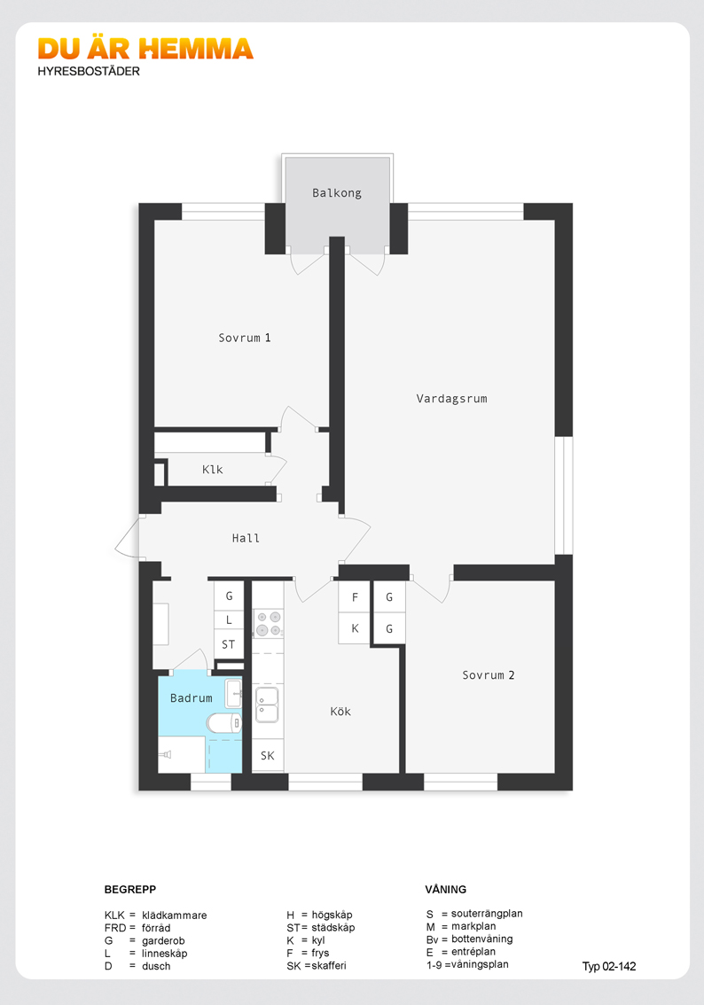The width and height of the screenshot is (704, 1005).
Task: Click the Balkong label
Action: coord(337,193)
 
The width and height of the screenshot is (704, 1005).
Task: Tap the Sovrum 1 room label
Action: coord(245,338)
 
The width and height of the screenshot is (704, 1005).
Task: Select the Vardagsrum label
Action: coord(451,399)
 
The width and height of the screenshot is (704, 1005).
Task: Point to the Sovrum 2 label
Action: coord(488,675)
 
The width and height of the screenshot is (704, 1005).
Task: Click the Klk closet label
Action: coord(212,470)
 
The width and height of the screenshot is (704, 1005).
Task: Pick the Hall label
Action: coord(246,539)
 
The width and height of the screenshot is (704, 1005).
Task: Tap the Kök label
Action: coord(340,712)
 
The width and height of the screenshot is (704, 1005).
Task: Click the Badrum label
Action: coord(191,698)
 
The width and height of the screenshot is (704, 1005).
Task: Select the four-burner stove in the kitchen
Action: coord(268,624)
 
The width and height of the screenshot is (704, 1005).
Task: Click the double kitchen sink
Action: coord(268,705)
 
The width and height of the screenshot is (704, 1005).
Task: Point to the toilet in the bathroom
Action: coord(223,723)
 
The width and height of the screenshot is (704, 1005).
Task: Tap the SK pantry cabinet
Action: coord(268,756)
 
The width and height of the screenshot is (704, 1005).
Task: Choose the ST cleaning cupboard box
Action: coord(228,645)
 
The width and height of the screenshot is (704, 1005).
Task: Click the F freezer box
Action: coord(355,597)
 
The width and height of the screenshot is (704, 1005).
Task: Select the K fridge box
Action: coord(355,628)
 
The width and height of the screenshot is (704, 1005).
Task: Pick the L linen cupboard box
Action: coord(228,619)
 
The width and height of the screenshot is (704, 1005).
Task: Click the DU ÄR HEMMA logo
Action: coord(145,49)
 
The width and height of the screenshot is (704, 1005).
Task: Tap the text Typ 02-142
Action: coord(609,967)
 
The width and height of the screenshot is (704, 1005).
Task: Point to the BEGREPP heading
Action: coord(130,889)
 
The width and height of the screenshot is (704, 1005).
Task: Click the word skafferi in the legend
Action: coord(329,965)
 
